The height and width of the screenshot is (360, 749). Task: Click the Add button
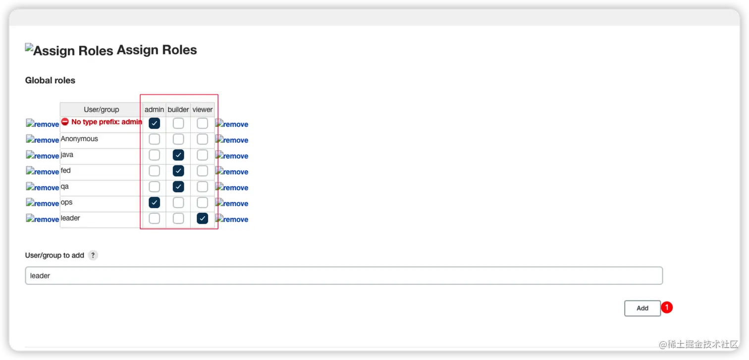point(642,308)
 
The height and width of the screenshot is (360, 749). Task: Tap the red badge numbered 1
point(667,308)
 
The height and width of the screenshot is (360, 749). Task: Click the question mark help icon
point(93,256)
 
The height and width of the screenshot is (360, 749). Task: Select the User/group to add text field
point(344,276)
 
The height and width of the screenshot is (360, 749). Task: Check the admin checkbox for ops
point(155,203)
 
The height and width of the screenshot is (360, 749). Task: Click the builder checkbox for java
point(178,155)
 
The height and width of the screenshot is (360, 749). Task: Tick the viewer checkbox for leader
point(202,218)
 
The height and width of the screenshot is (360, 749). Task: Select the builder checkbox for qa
point(178,187)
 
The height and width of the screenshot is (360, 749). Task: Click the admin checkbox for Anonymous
point(155,139)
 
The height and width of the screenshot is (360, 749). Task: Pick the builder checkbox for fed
point(178,171)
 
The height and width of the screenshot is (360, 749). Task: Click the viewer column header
point(202,109)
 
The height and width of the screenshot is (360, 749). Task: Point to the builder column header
point(178,109)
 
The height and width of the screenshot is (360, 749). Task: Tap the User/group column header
point(101,109)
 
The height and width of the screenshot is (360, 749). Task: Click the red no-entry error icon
point(65,122)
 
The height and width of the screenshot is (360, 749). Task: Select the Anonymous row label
point(79,139)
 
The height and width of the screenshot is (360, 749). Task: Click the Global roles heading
point(50,80)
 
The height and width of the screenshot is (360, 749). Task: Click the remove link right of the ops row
point(232,204)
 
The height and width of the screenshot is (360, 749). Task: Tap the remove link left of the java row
point(43,156)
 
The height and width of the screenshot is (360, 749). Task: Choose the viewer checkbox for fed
point(202,171)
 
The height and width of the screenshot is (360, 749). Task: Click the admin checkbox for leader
point(155,218)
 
